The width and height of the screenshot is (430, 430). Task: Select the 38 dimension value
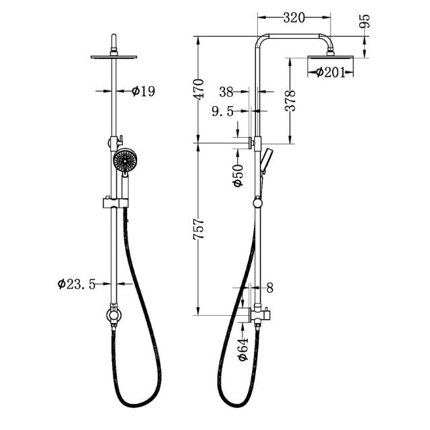(x=226, y=90)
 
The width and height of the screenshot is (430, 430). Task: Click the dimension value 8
(x=270, y=288)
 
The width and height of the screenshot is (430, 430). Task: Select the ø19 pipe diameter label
(x=143, y=91)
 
